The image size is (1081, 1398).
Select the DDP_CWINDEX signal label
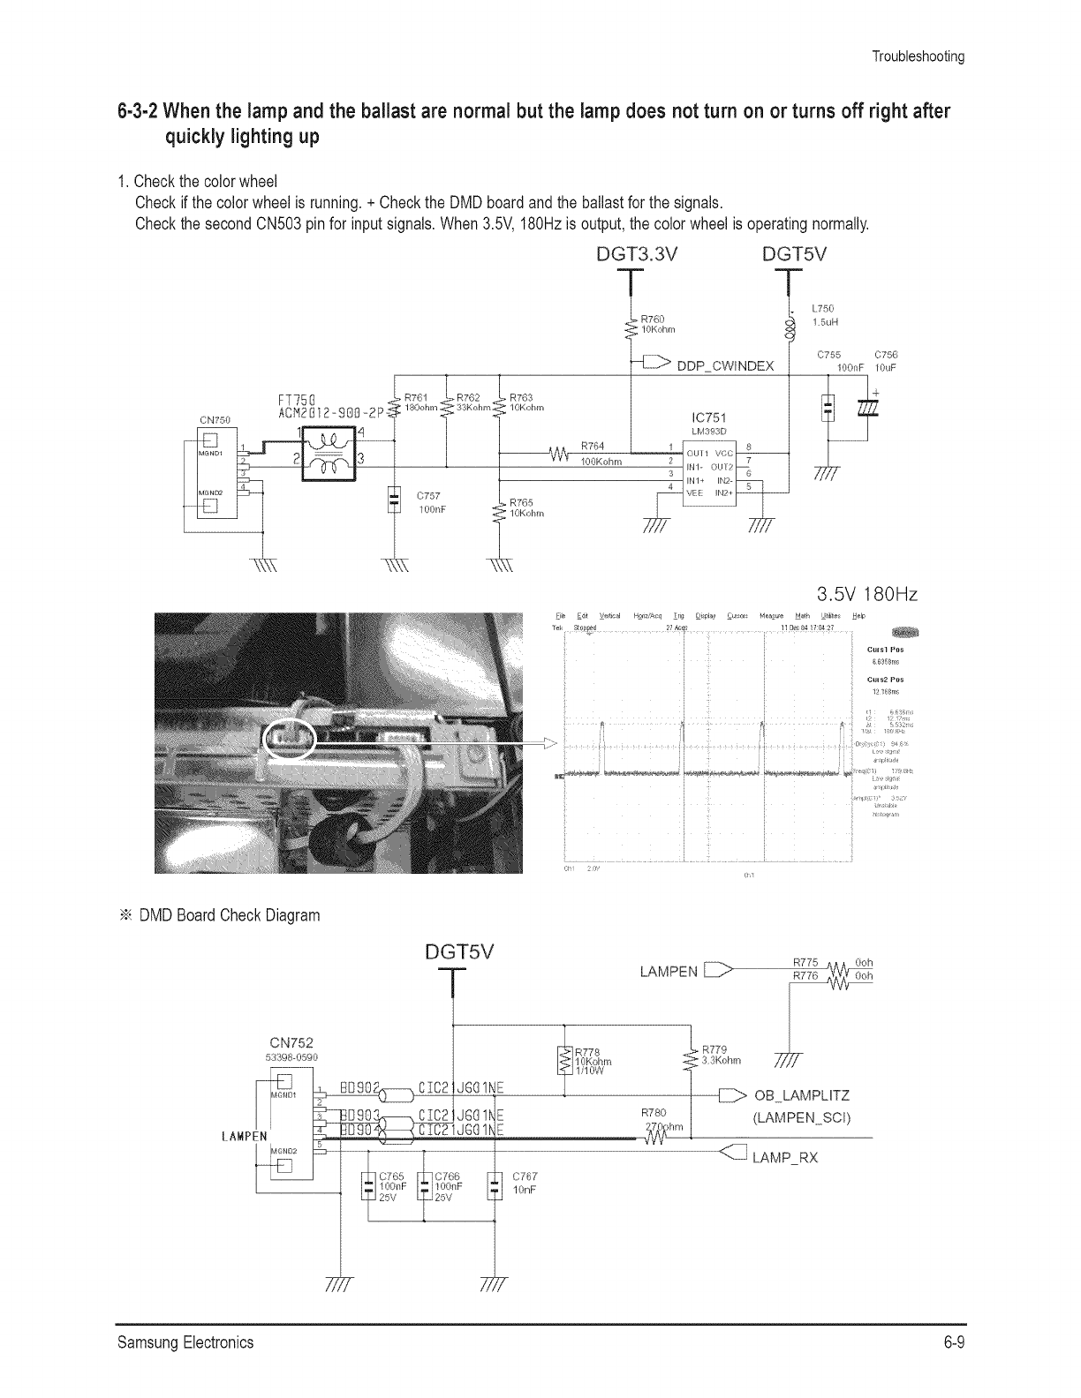(725, 366)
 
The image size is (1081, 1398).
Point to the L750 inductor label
(821, 309)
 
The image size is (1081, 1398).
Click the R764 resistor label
(593, 445)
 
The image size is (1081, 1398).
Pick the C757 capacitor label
(427, 495)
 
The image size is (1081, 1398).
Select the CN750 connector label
(215, 419)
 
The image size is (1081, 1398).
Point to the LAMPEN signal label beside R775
(669, 973)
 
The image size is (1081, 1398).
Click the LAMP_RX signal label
(785, 1158)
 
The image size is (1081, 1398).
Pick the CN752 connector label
(291, 1042)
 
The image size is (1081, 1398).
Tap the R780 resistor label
(654, 1113)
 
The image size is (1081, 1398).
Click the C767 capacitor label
(525, 1176)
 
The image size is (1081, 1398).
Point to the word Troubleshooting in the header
(918, 56)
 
